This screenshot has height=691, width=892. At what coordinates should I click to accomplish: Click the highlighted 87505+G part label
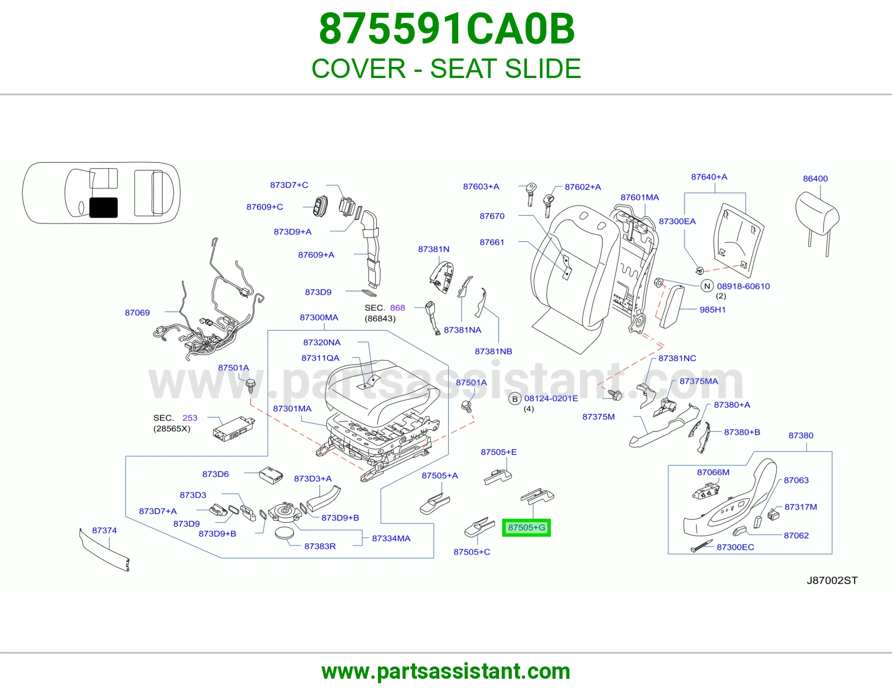click(x=526, y=527)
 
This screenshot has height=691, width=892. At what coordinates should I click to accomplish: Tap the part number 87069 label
click(x=137, y=313)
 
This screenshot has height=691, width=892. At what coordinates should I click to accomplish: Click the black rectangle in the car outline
click(x=104, y=207)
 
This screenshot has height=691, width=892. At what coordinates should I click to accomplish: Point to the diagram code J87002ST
click(x=832, y=580)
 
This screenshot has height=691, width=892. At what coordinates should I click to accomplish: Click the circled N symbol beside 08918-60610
click(x=707, y=286)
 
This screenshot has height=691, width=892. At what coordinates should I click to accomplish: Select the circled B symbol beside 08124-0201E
click(x=515, y=398)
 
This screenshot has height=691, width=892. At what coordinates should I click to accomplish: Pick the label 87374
click(x=104, y=530)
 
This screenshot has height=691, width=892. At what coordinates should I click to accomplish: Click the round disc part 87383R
click(x=284, y=533)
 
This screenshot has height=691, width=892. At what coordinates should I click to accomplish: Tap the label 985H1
click(x=712, y=309)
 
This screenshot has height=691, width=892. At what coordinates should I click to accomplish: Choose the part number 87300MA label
click(x=319, y=317)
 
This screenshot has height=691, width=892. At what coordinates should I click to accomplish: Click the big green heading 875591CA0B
click(x=447, y=29)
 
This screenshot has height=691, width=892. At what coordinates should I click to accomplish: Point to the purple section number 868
click(x=397, y=308)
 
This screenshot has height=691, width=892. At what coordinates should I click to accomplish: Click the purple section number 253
click(x=190, y=418)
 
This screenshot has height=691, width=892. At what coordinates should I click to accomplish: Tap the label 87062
click(x=796, y=535)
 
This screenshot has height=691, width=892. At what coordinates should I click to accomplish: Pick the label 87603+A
click(x=481, y=186)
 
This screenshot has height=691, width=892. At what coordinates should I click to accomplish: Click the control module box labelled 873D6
click(x=271, y=475)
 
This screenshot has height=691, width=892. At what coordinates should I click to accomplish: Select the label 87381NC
click(x=677, y=358)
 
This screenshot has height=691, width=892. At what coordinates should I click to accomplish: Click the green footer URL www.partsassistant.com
click(x=446, y=671)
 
